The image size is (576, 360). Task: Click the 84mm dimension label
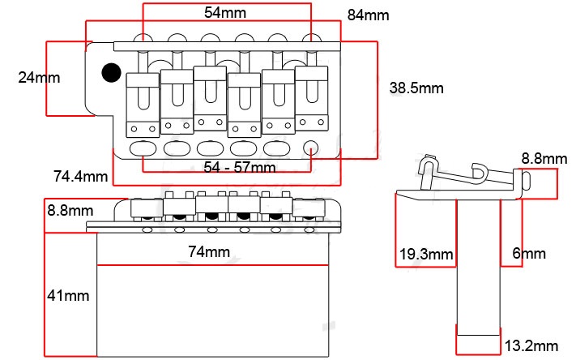click(x=368, y=15)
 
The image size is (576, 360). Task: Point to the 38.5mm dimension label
click(x=416, y=88)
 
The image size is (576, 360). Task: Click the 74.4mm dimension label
click(x=80, y=176)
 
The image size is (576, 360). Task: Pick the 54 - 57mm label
click(x=240, y=167)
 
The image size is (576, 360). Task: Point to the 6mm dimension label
click(x=529, y=254)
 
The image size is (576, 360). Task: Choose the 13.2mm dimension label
click(x=531, y=346)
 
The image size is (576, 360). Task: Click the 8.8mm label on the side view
click(x=543, y=159)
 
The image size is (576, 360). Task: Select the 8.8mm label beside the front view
click(x=69, y=211)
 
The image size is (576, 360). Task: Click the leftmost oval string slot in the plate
click(x=143, y=148)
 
